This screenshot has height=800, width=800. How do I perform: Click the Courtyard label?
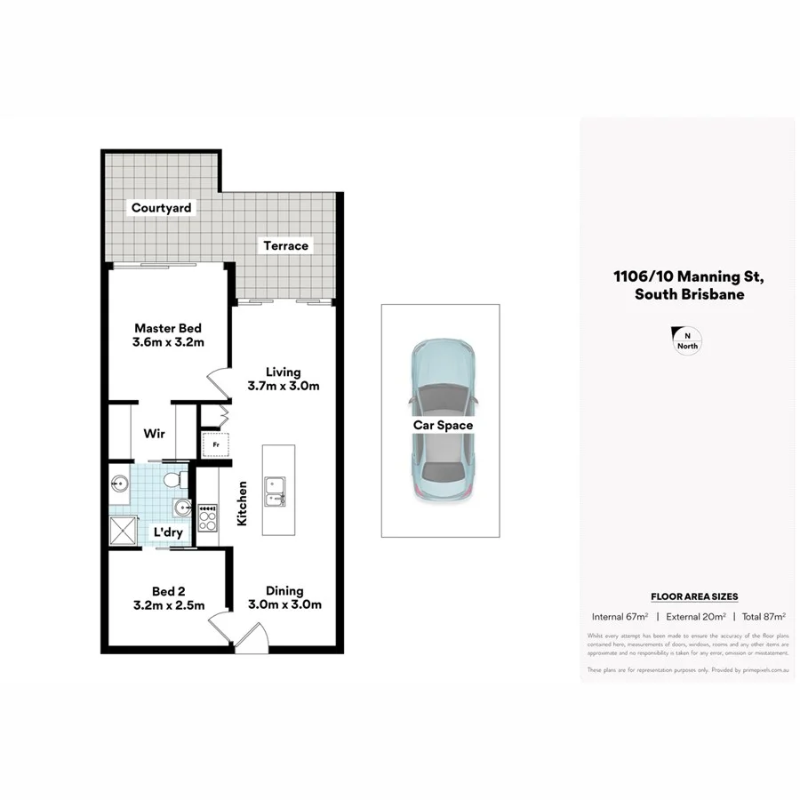tap(161, 208)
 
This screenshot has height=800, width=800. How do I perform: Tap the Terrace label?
tap(285, 245)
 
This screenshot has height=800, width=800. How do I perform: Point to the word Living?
tap(283, 372)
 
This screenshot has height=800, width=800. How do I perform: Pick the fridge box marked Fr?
tap(214, 444)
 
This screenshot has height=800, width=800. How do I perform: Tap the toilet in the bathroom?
tap(178, 481)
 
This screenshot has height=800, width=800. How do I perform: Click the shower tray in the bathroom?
tap(122, 531)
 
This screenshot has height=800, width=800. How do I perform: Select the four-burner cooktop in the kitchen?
tap(207, 518)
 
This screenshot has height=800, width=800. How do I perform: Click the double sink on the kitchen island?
tap(275, 491)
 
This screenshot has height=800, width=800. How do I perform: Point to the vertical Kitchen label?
tap(242, 503)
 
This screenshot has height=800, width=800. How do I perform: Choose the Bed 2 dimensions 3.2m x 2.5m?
tap(168, 605)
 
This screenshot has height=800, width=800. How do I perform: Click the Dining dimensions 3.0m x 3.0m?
tap(284, 605)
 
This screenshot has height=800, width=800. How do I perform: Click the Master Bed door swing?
tap(218, 384)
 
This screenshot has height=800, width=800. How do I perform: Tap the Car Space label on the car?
tap(442, 426)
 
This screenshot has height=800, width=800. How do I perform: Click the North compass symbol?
tap(688, 340)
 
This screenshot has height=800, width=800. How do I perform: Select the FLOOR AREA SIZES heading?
tap(694, 596)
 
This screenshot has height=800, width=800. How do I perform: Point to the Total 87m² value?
tap(762, 616)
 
